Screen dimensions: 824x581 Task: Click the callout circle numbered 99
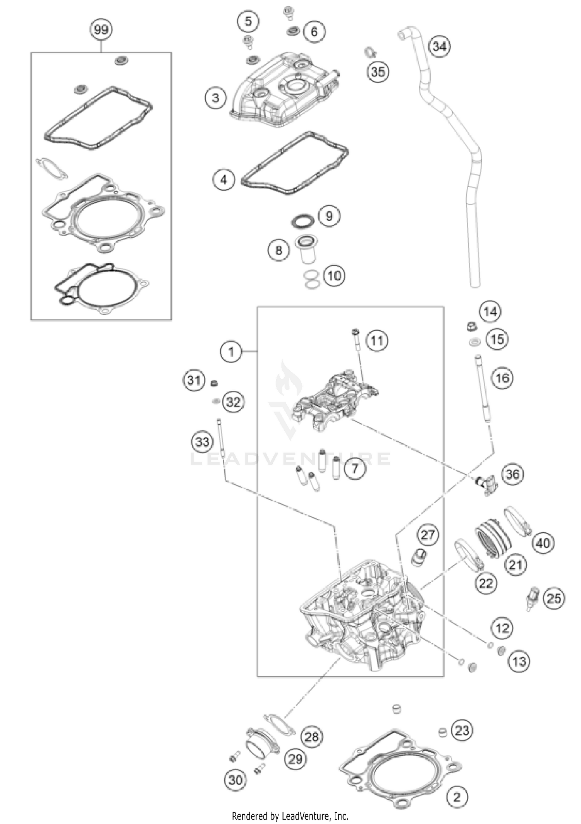pos(101,30)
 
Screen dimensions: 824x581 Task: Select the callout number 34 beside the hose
pos(439,47)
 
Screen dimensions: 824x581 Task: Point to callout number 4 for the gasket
pos(223,180)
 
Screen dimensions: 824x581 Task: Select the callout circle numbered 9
pos(329,216)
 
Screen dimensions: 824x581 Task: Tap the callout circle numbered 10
pos(334,276)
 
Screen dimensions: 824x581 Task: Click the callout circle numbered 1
pos(231,352)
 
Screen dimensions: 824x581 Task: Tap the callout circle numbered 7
pos(354,469)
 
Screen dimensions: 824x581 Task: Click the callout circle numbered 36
pos(512,474)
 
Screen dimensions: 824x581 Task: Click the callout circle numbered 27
pos(428,535)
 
